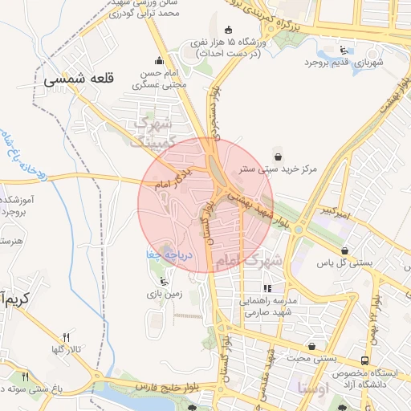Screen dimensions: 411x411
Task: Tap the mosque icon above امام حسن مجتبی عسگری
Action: [159, 59]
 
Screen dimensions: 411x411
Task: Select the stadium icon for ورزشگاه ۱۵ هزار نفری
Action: [229, 30]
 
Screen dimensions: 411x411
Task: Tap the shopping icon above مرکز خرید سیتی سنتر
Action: [278, 157]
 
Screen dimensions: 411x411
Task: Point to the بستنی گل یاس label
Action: [345, 263]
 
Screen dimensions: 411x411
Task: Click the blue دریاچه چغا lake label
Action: [159, 254]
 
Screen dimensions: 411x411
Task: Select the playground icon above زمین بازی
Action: [165, 281]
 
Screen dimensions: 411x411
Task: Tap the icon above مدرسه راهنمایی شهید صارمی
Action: [267, 287]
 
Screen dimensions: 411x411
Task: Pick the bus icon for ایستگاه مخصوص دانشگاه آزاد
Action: [365, 361]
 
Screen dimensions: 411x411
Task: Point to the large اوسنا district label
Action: [311, 389]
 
